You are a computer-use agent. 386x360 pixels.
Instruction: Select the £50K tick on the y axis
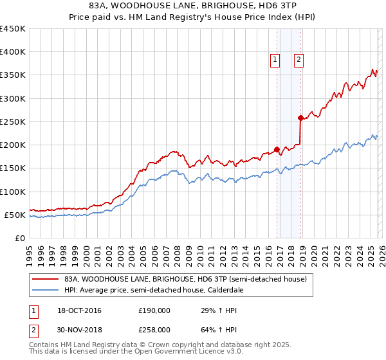(15, 215)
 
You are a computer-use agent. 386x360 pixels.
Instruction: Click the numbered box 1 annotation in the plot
(275, 60)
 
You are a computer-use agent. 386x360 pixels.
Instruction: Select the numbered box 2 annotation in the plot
(299, 60)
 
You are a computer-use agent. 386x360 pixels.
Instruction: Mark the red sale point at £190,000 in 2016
(277, 150)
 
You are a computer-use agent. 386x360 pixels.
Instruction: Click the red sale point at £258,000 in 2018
(300, 118)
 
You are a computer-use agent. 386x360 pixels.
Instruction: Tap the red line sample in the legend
(46, 279)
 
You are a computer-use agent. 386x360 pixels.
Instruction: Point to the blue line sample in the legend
(46, 290)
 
